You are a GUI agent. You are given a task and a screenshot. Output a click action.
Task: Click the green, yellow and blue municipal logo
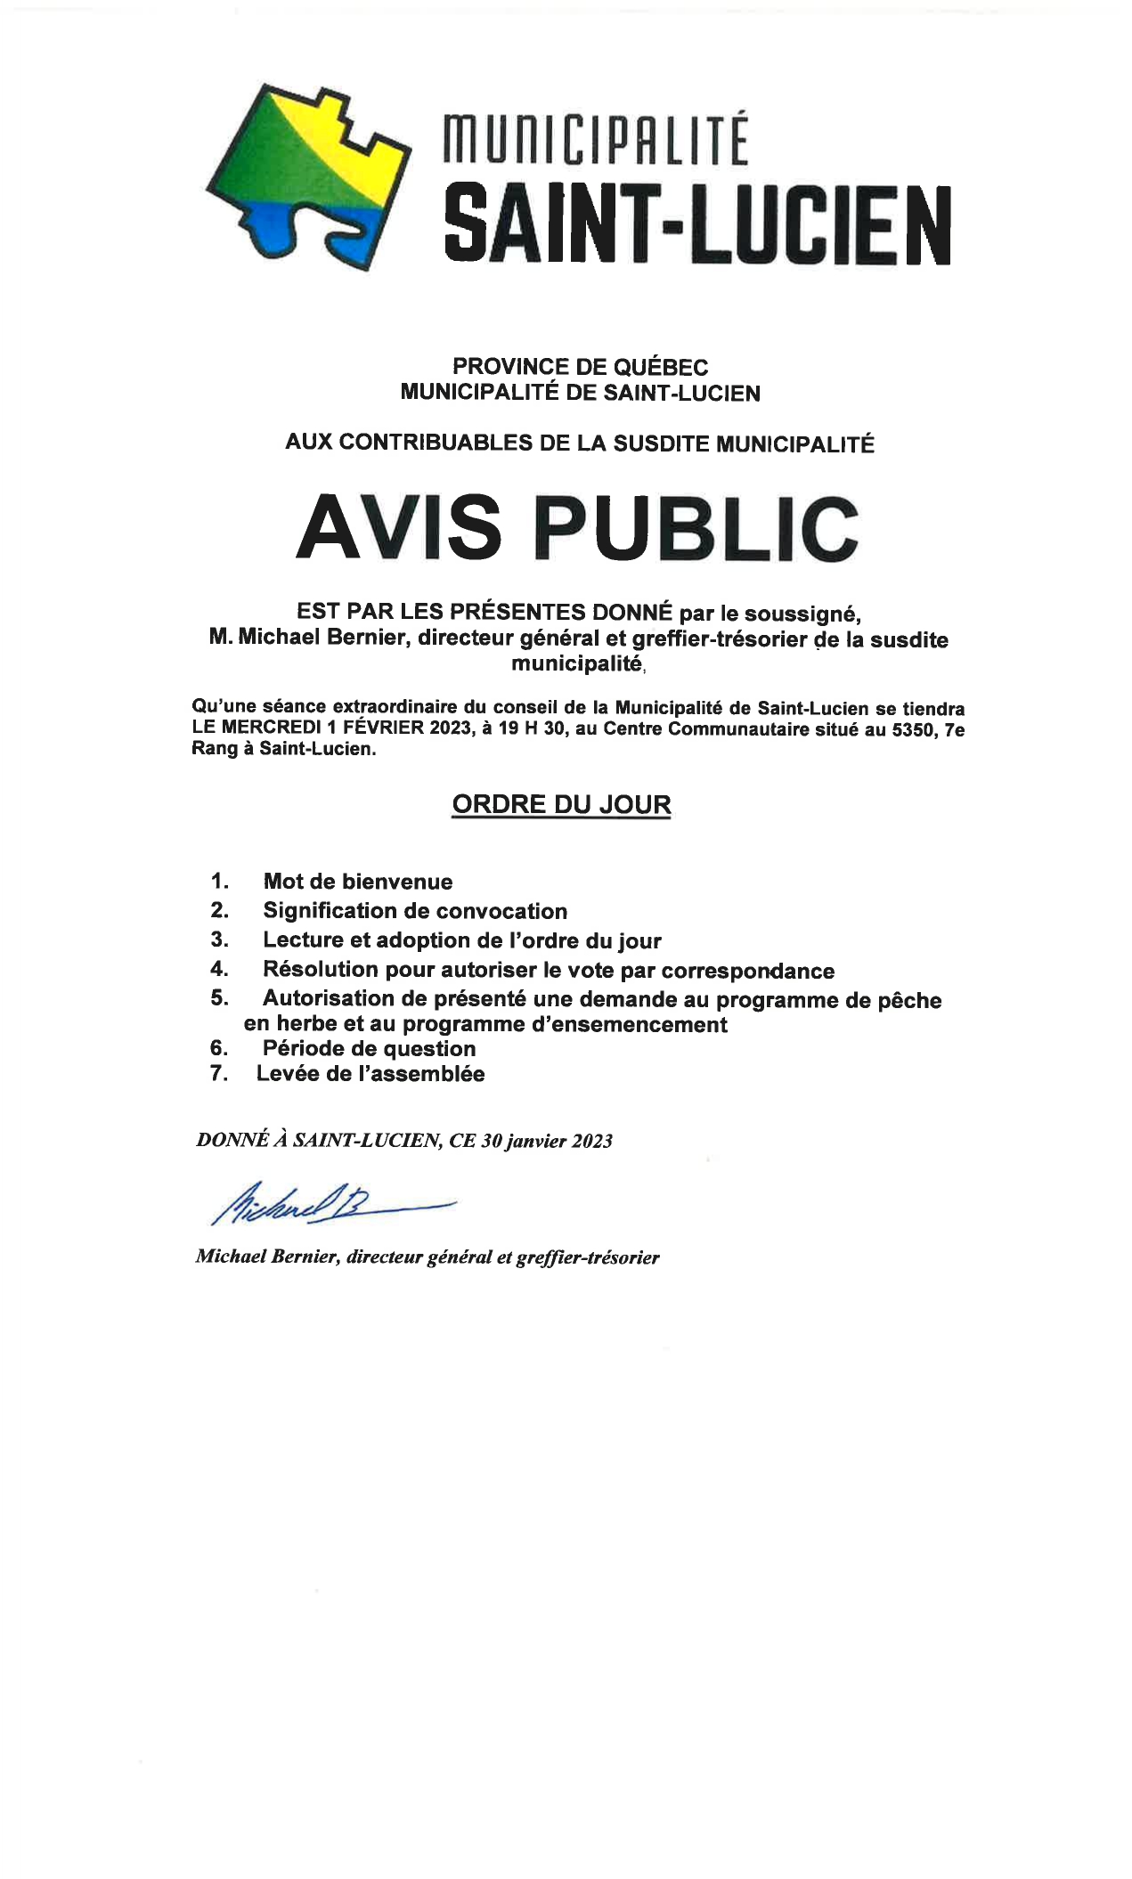tap(307, 178)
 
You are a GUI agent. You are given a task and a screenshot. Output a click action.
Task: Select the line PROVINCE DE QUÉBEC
tap(580, 366)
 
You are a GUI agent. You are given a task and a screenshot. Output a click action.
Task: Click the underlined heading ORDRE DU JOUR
tap(561, 804)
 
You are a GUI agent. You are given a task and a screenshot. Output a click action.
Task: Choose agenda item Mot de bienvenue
tap(358, 882)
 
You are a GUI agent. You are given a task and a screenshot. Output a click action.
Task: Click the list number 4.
tap(219, 969)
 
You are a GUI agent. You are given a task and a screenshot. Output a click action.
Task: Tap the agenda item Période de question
tap(369, 1048)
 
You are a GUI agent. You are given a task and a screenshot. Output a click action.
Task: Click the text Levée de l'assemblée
tap(371, 1073)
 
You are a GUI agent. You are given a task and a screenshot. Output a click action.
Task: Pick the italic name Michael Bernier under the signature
tap(266, 1257)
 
